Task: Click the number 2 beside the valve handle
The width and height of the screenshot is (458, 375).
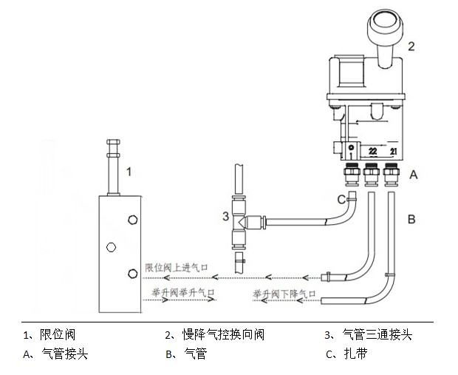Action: point(411,46)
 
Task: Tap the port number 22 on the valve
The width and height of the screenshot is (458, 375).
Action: point(372,152)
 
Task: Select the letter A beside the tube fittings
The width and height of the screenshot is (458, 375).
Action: point(414,175)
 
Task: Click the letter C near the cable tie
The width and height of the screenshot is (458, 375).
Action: point(341,198)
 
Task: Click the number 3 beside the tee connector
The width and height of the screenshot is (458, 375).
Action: point(225,217)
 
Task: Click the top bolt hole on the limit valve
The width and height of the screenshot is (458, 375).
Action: point(132,219)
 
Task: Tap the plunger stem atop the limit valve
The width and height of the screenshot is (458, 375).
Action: point(113,166)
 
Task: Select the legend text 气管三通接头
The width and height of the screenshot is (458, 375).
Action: point(377,335)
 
